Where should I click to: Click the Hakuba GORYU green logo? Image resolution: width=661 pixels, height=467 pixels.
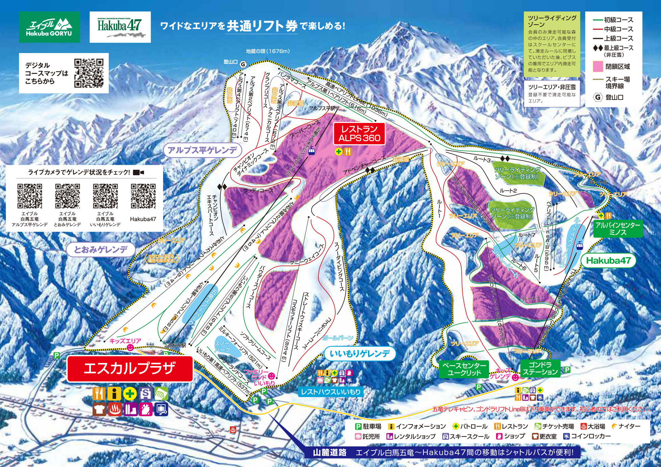(x=49, y=27)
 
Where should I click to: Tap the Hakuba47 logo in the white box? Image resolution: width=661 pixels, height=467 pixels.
(x=120, y=27)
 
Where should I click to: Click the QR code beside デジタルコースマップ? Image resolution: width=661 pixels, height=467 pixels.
(x=89, y=73)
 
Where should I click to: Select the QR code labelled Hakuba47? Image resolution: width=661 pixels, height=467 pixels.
(x=143, y=196)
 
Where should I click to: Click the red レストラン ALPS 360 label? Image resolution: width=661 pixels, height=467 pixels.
(x=359, y=134)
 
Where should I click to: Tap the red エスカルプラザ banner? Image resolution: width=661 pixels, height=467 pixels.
(x=130, y=368)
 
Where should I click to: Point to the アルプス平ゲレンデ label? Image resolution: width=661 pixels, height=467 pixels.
(x=202, y=150)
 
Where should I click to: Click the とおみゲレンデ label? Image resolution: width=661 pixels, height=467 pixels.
(x=101, y=250)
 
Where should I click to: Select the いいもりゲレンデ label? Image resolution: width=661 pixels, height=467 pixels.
(x=360, y=354)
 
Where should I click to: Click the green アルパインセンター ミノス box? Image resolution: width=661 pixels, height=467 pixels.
(x=617, y=229)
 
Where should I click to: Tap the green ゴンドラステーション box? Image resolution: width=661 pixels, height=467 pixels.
(x=540, y=368)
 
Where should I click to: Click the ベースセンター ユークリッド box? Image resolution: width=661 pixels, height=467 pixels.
(x=464, y=369)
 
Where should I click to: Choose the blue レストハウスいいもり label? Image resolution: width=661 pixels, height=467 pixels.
(x=330, y=392)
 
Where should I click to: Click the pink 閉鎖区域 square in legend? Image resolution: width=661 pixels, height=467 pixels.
(x=598, y=67)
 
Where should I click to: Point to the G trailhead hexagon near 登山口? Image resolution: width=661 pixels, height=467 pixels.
(x=243, y=64)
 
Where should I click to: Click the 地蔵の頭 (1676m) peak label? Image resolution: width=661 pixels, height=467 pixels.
(x=268, y=51)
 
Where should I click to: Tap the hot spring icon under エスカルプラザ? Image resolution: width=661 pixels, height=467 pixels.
(x=115, y=409)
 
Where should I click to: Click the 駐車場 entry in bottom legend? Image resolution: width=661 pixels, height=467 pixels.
(x=368, y=426)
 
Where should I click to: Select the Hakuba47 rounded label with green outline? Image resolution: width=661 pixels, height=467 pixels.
(x=608, y=260)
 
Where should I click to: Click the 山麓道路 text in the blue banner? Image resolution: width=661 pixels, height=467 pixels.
(x=329, y=452)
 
